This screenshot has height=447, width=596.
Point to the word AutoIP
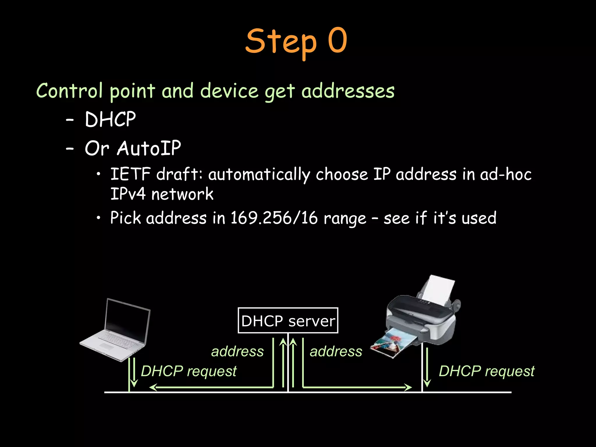[149, 148]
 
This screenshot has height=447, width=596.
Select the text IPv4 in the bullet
[128, 194]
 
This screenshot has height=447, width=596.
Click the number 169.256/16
[274, 218]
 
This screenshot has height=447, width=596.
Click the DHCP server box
[288, 320]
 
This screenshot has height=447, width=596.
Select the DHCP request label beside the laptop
[189, 371]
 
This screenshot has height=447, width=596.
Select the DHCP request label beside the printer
[487, 371]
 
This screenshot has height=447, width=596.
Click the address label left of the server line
[237, 351]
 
